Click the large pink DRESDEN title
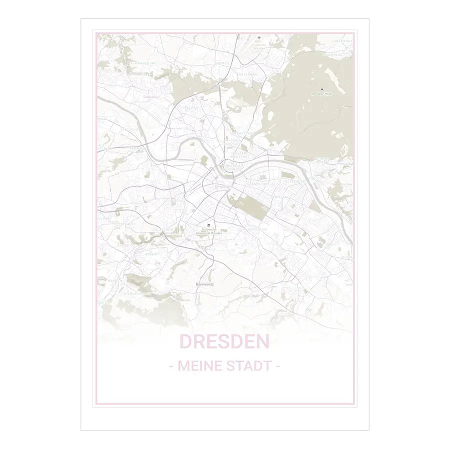[224, 342]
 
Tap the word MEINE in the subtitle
[198, 366]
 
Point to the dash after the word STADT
[278, 366]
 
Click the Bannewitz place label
[204, 283]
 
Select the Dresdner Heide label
[321, 94]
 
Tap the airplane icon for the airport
[259, 37]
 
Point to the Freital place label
[123, 245]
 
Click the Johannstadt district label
[260, 183]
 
